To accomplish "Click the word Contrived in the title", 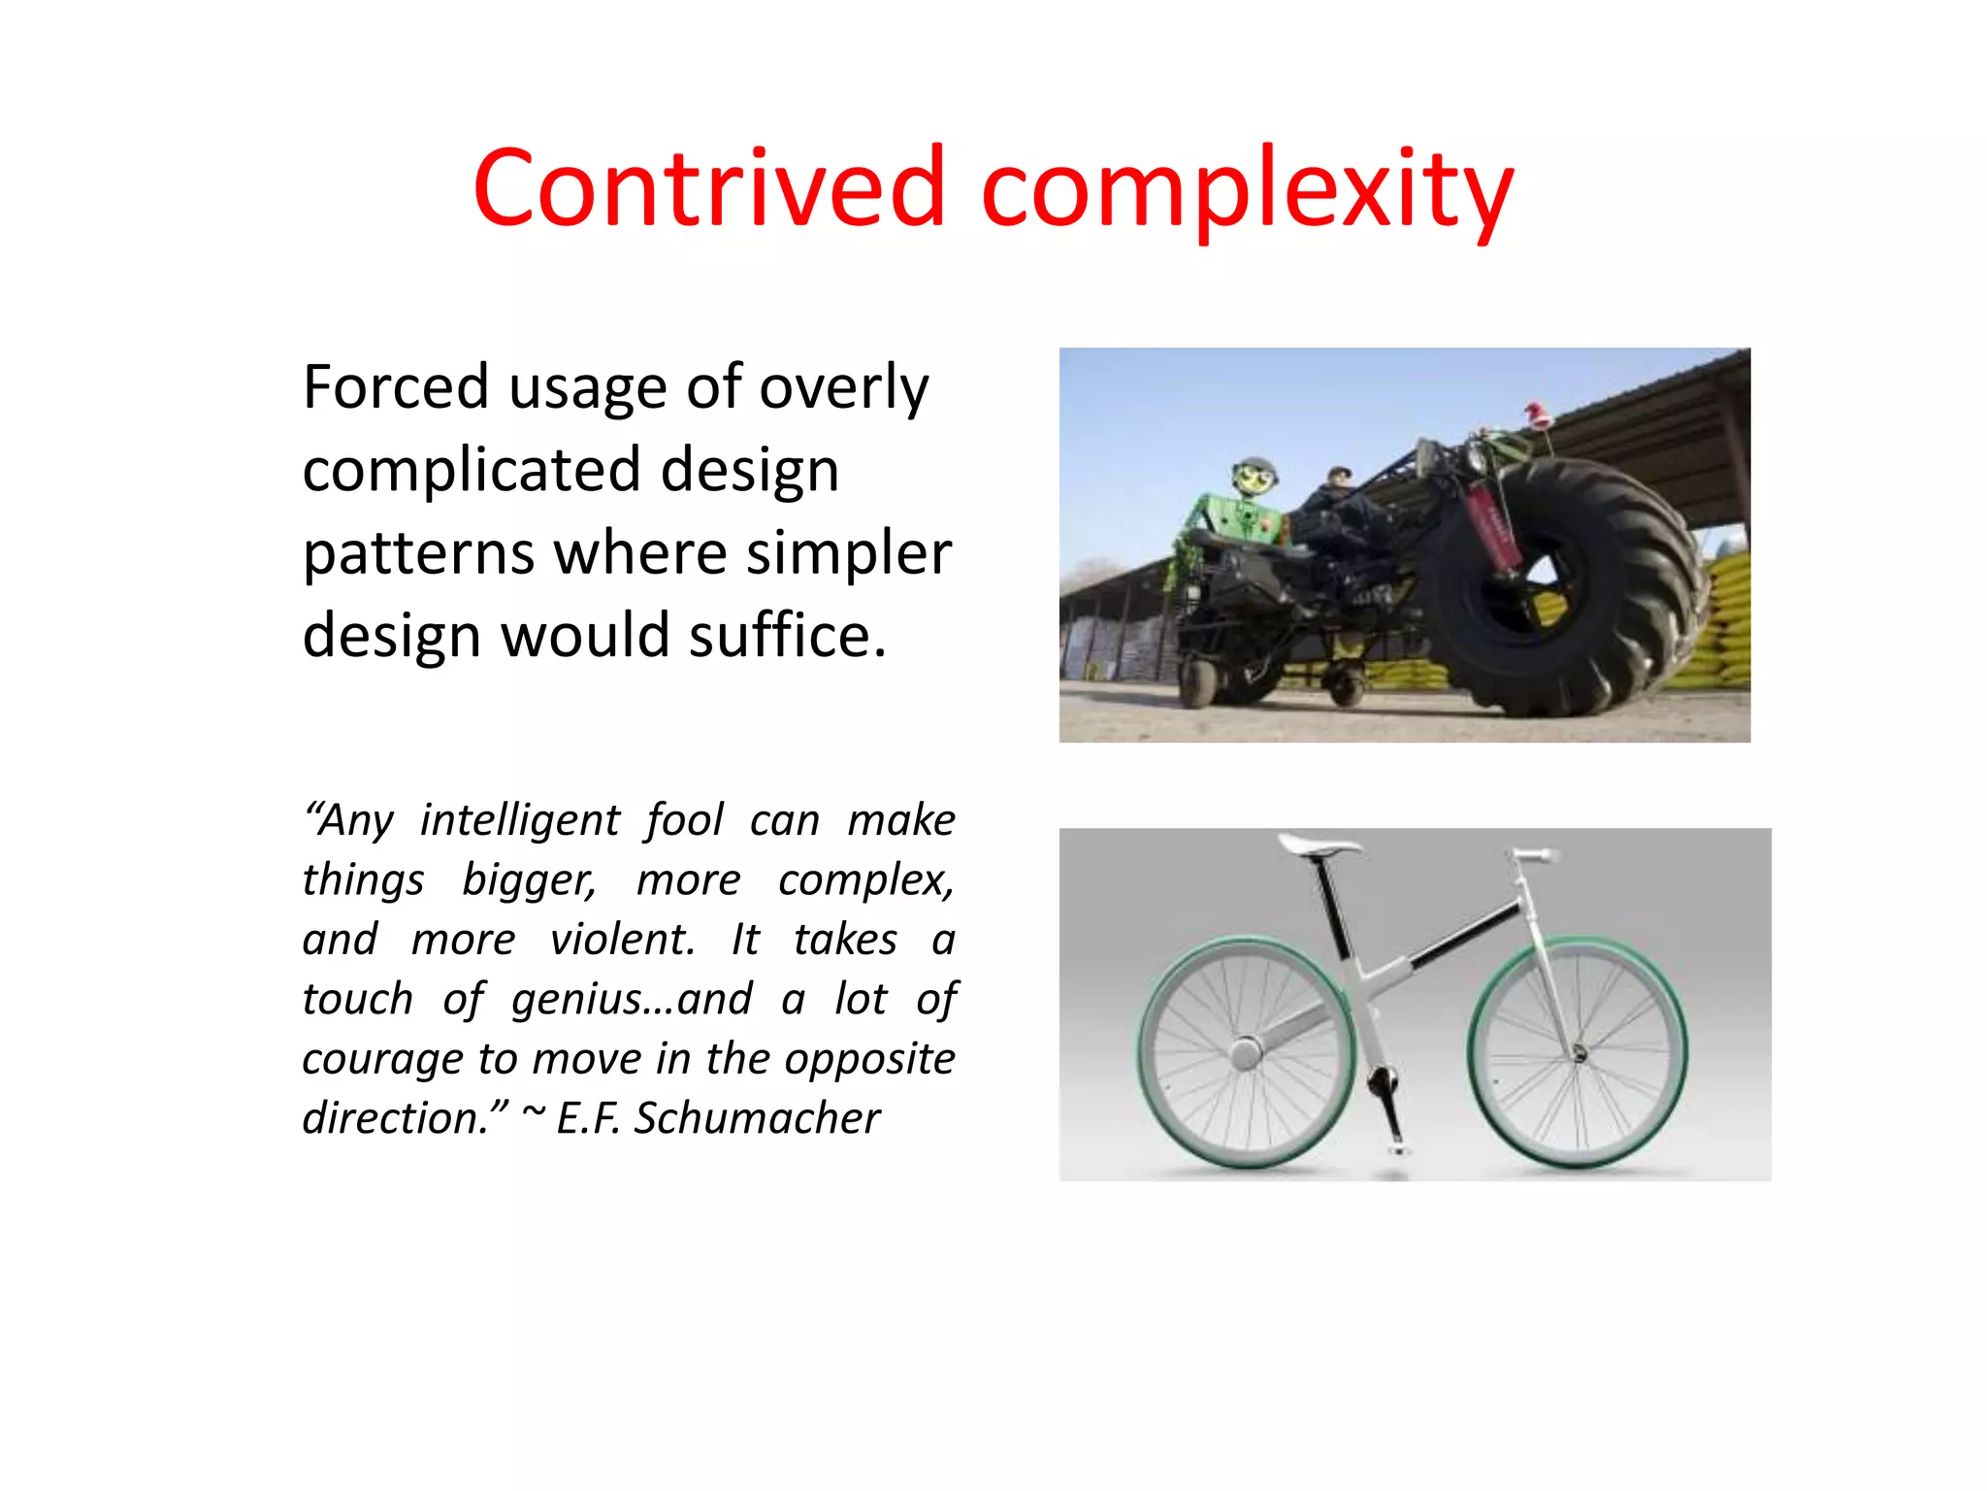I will (x=708, y=186).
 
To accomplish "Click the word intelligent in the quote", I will (x=519, y=821).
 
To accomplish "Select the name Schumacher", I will (x=757, y=1118).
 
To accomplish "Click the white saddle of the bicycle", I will (x=1319, y=845).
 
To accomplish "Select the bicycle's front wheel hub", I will (x=1579, y=1054).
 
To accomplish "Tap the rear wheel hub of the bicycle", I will (x=1245, y=1053).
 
